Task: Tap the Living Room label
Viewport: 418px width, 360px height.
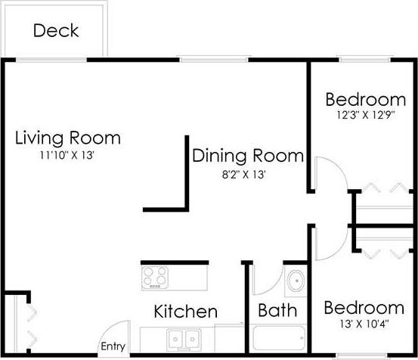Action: [68, 138]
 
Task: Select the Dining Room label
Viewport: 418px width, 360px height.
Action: [248, 157]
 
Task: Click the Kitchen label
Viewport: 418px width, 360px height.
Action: [186, 312]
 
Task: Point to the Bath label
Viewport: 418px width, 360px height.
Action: [277, 311]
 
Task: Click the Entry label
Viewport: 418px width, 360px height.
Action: [113, 347]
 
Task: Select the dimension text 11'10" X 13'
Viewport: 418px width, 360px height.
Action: [67, 155]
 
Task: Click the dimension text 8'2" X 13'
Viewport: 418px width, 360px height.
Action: [242, 174]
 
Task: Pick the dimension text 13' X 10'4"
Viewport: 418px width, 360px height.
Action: [364, 325]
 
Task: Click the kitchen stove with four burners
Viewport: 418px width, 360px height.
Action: [156, 277]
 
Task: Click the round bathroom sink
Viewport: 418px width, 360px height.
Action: [296, 282]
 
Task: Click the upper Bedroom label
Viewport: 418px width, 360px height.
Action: [366, 100]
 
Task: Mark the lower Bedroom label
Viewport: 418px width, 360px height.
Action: [364, 309]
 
